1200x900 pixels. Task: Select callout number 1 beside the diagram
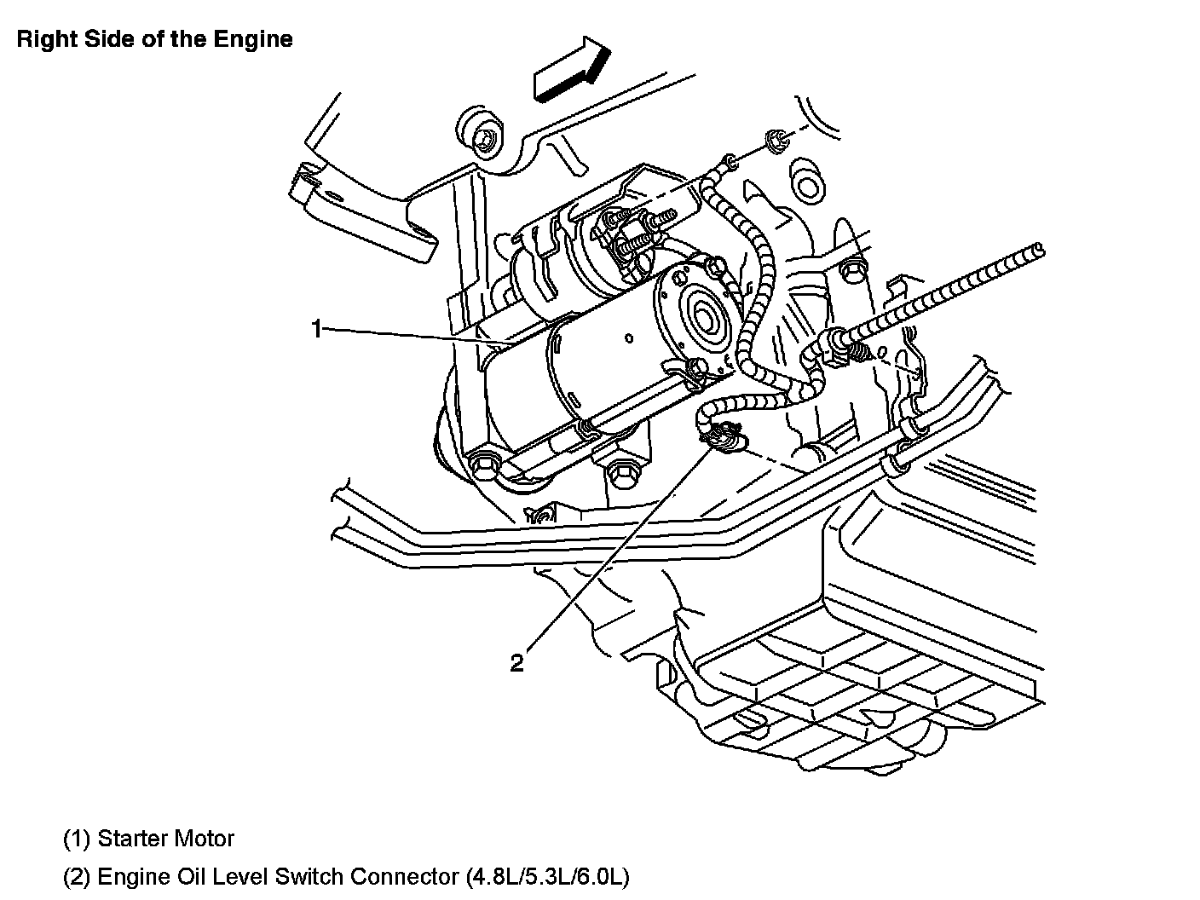click(x=316, y=329)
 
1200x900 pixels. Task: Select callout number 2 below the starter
click(x=517, y=662)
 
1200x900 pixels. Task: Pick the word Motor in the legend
click(x=204, y=839)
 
